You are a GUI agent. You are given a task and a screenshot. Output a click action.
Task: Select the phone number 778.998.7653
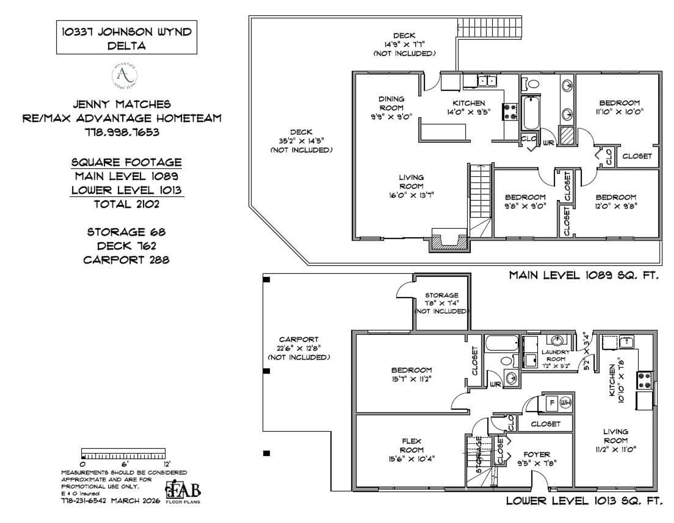122,132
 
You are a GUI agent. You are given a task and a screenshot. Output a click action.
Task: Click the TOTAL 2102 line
127,204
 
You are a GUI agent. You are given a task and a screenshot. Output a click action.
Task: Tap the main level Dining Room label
391,108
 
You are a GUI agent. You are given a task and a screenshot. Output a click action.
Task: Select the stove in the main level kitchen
510,112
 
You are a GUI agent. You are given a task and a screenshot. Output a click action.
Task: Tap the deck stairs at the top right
489,27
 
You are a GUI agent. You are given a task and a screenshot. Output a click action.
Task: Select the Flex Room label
411,450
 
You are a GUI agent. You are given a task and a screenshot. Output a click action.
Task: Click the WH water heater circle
565,402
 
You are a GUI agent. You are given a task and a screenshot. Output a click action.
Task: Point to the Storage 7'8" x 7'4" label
442,303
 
